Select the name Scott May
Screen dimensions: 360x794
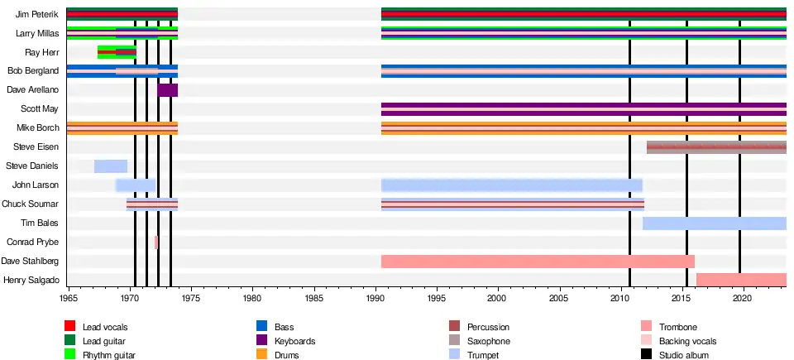(x=40, y=109)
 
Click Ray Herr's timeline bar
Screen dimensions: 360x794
(x=117, y=52)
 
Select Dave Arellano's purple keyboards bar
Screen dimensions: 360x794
(x=168, y=90)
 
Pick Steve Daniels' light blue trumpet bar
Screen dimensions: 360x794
(x=111, y=166)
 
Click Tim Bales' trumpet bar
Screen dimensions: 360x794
(x=714, y=223)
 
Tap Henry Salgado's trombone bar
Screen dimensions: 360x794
(x=741, y=280)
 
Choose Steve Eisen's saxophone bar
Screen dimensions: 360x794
(x=716, y=147)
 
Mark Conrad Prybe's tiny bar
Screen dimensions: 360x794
(x=155, y=242)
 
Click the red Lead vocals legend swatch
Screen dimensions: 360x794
(x=70, y=328)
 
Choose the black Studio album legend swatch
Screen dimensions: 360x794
(x=647, y=355)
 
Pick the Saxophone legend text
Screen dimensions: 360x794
(x=489, y=341)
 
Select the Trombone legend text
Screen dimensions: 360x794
(x=678, y=328)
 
